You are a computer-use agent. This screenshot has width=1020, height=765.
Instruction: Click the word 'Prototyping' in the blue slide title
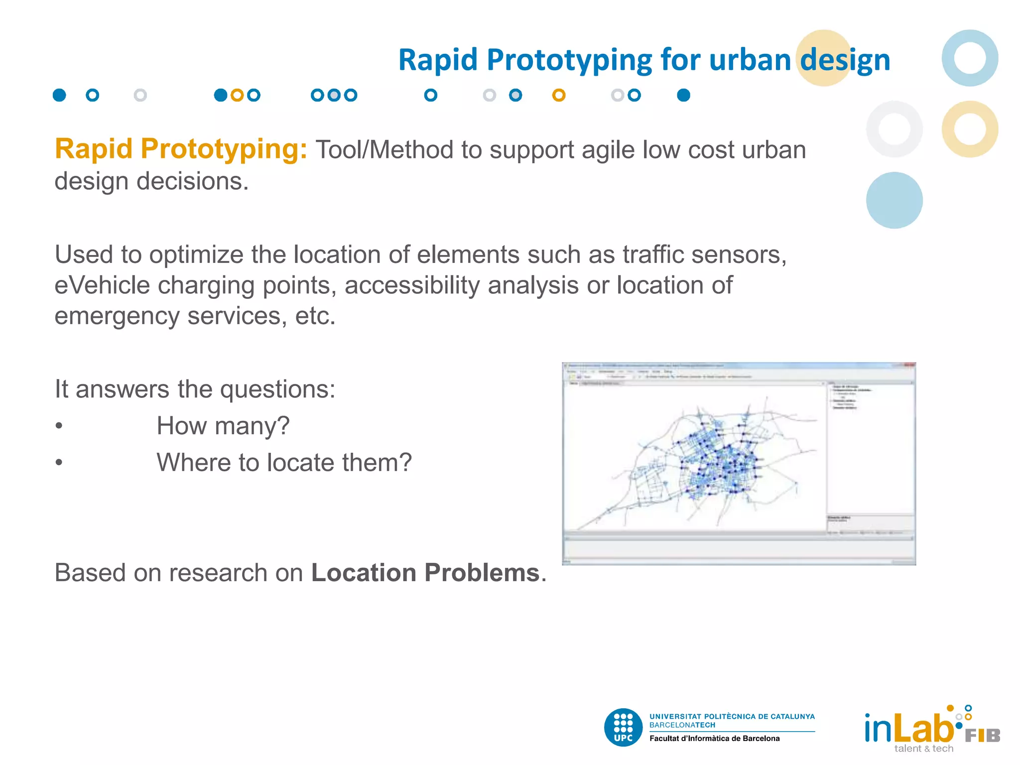(x=569, y=61)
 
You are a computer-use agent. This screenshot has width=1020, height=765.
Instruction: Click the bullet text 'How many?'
(x=223, y=426)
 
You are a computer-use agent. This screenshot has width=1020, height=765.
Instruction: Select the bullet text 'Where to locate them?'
(x=284, y=463)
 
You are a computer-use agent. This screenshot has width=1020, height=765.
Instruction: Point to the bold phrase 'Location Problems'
(x=425, y=573)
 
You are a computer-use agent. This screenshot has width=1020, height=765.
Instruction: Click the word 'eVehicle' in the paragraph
(x=102, y=285)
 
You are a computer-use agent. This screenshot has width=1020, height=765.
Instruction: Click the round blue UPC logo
(x=623, y=727)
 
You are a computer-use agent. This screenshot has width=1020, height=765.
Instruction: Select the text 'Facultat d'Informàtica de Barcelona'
(x=714, y=739)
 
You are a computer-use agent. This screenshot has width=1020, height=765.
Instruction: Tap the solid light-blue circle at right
(x=894, y=200)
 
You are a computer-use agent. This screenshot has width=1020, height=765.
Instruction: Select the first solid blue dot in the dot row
(x=59, y=95)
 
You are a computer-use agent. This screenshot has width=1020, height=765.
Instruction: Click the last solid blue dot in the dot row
(x=683, y=95)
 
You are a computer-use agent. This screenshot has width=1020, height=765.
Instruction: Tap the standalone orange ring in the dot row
(x=559, y=95)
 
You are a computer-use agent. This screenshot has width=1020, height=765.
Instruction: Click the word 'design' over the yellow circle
(x=845, y=61)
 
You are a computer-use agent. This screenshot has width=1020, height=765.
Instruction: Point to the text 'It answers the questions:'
(x=195, y=389)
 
